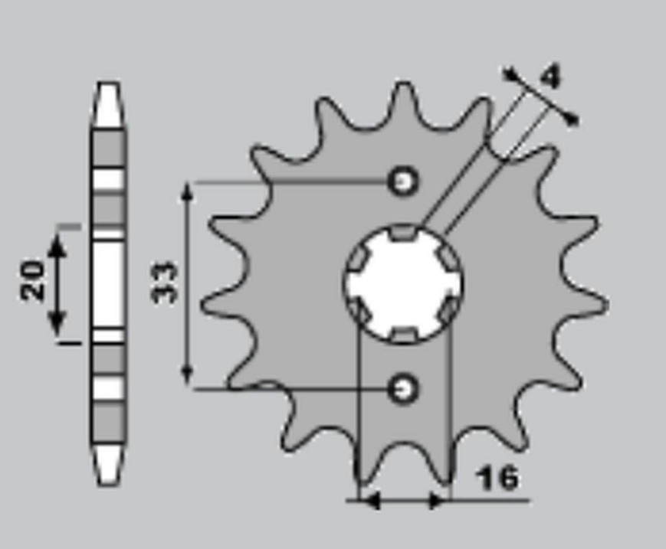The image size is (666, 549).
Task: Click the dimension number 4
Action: pyautogui.click(x=550, y=77)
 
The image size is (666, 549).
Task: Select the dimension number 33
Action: pyautogui.click(x=165, y=283)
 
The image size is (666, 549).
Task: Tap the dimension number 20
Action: pyautogui.click(x=32, y=280)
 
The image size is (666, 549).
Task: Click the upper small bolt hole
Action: pyautogui.click(x=402, y=181)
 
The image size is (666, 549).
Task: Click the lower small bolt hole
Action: pyautogui.click(x=402, y=387)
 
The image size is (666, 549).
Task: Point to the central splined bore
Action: pyautogui.click(x=402, y=283)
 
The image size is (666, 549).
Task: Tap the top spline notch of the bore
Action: pyautogui.click(x=402, y=233)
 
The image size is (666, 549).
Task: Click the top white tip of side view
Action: pyautogui.click(x=109, y=104)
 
